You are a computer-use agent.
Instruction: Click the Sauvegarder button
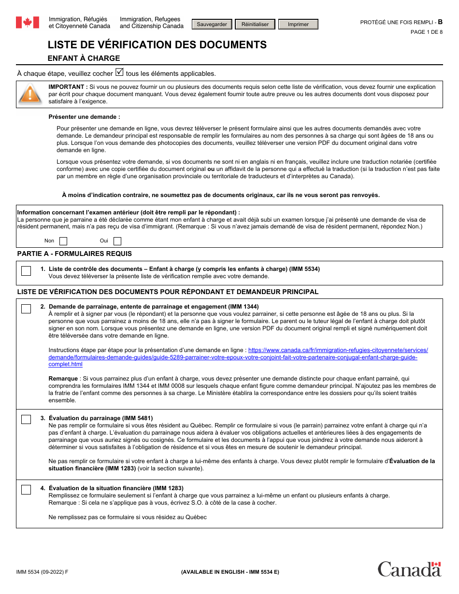212,24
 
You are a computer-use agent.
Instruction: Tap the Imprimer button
298,24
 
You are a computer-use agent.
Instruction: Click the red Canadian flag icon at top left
28,22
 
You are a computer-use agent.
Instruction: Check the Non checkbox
63,241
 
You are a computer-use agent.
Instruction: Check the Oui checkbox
117,241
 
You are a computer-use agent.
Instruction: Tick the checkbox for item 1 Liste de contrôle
26,271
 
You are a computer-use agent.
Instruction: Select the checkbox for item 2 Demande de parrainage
26,309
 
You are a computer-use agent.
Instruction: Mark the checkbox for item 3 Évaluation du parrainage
26,419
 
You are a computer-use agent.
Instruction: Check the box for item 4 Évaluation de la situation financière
26,490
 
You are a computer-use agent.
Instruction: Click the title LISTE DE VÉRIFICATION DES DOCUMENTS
157,45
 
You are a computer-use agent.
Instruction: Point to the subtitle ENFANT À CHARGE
84,58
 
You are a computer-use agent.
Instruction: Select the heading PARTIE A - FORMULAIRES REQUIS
74,254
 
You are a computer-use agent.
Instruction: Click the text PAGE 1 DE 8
426,32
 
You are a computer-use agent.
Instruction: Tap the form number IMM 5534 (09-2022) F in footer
42,572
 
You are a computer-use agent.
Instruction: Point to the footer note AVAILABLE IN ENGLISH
230,572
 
